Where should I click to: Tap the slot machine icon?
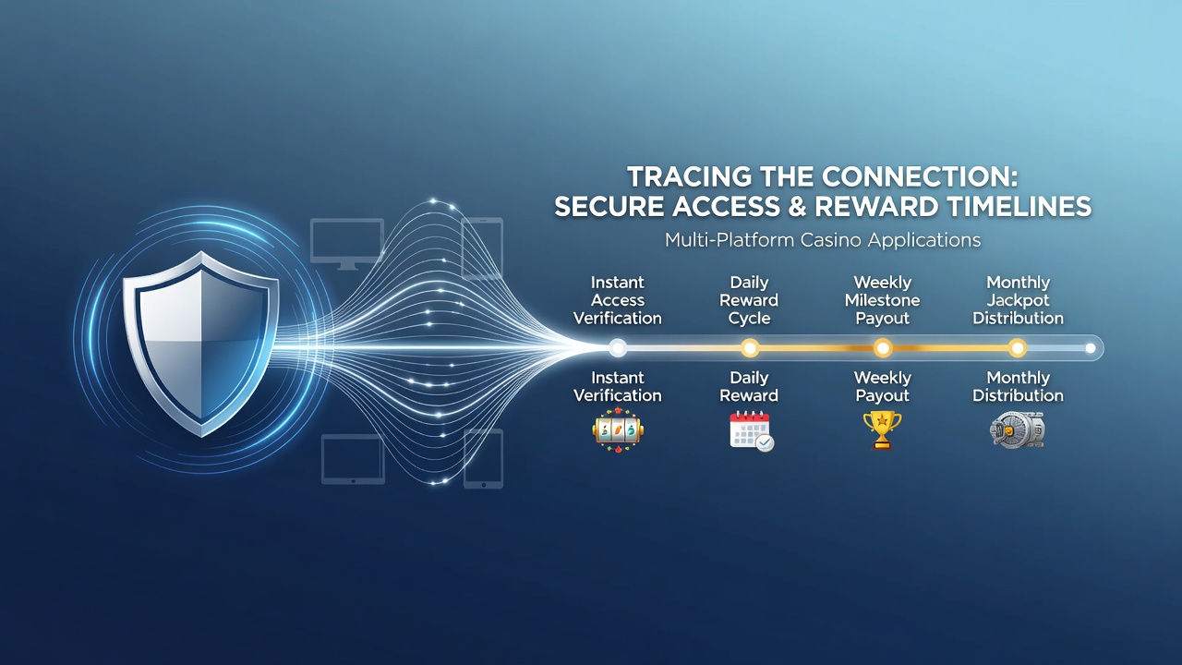point(618,430)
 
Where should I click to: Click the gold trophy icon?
point(882,430)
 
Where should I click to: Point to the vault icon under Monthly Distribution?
point(1017,430)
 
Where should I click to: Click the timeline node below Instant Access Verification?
point(618,348)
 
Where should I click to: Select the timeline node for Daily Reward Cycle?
point(750,348)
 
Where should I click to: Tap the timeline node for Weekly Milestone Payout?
point(883,348)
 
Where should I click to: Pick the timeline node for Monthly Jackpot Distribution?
point(1018,348)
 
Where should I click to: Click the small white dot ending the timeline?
point(1091,348)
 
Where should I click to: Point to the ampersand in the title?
point(797,206)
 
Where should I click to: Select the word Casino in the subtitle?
point(830,240)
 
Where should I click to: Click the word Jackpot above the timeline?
point(1018,300)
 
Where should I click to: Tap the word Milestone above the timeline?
point(882,300)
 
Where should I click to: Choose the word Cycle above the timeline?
point(749,319)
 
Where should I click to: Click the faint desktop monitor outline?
point(346,243)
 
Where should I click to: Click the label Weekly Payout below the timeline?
point(882,386)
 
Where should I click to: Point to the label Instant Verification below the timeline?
point(618,386)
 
